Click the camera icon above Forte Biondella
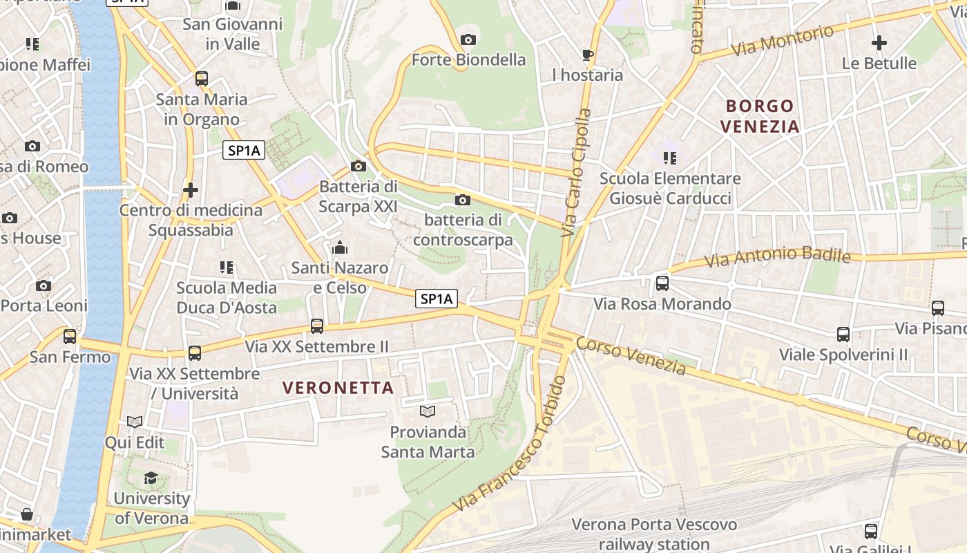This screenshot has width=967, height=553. coord(468,39)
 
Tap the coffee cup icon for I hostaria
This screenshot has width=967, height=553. coord(587,55)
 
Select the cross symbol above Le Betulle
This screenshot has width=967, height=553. coord(879,43)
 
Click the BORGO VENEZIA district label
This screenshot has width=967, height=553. coord(759,116)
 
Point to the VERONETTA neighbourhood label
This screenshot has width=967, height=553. coord(338,388)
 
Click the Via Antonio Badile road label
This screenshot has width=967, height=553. coord(777,257)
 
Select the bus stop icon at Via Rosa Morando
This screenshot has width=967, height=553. coord(662,283)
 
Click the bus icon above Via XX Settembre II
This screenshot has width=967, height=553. coord(317,326)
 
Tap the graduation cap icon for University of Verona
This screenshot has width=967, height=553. coord(151,478)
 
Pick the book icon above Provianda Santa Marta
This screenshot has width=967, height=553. coord(428,412)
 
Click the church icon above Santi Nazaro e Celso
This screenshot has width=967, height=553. coord(339,247)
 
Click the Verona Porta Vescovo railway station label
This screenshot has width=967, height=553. coord(653,534)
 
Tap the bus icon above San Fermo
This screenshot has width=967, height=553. coord(70,337)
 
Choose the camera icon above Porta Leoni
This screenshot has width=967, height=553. coord(44,285)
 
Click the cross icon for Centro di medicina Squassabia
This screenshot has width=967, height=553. coord(191,189)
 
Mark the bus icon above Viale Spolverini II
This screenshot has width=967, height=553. coord(843,335)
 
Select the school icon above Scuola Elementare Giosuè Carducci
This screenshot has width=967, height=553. coord(669,158)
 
